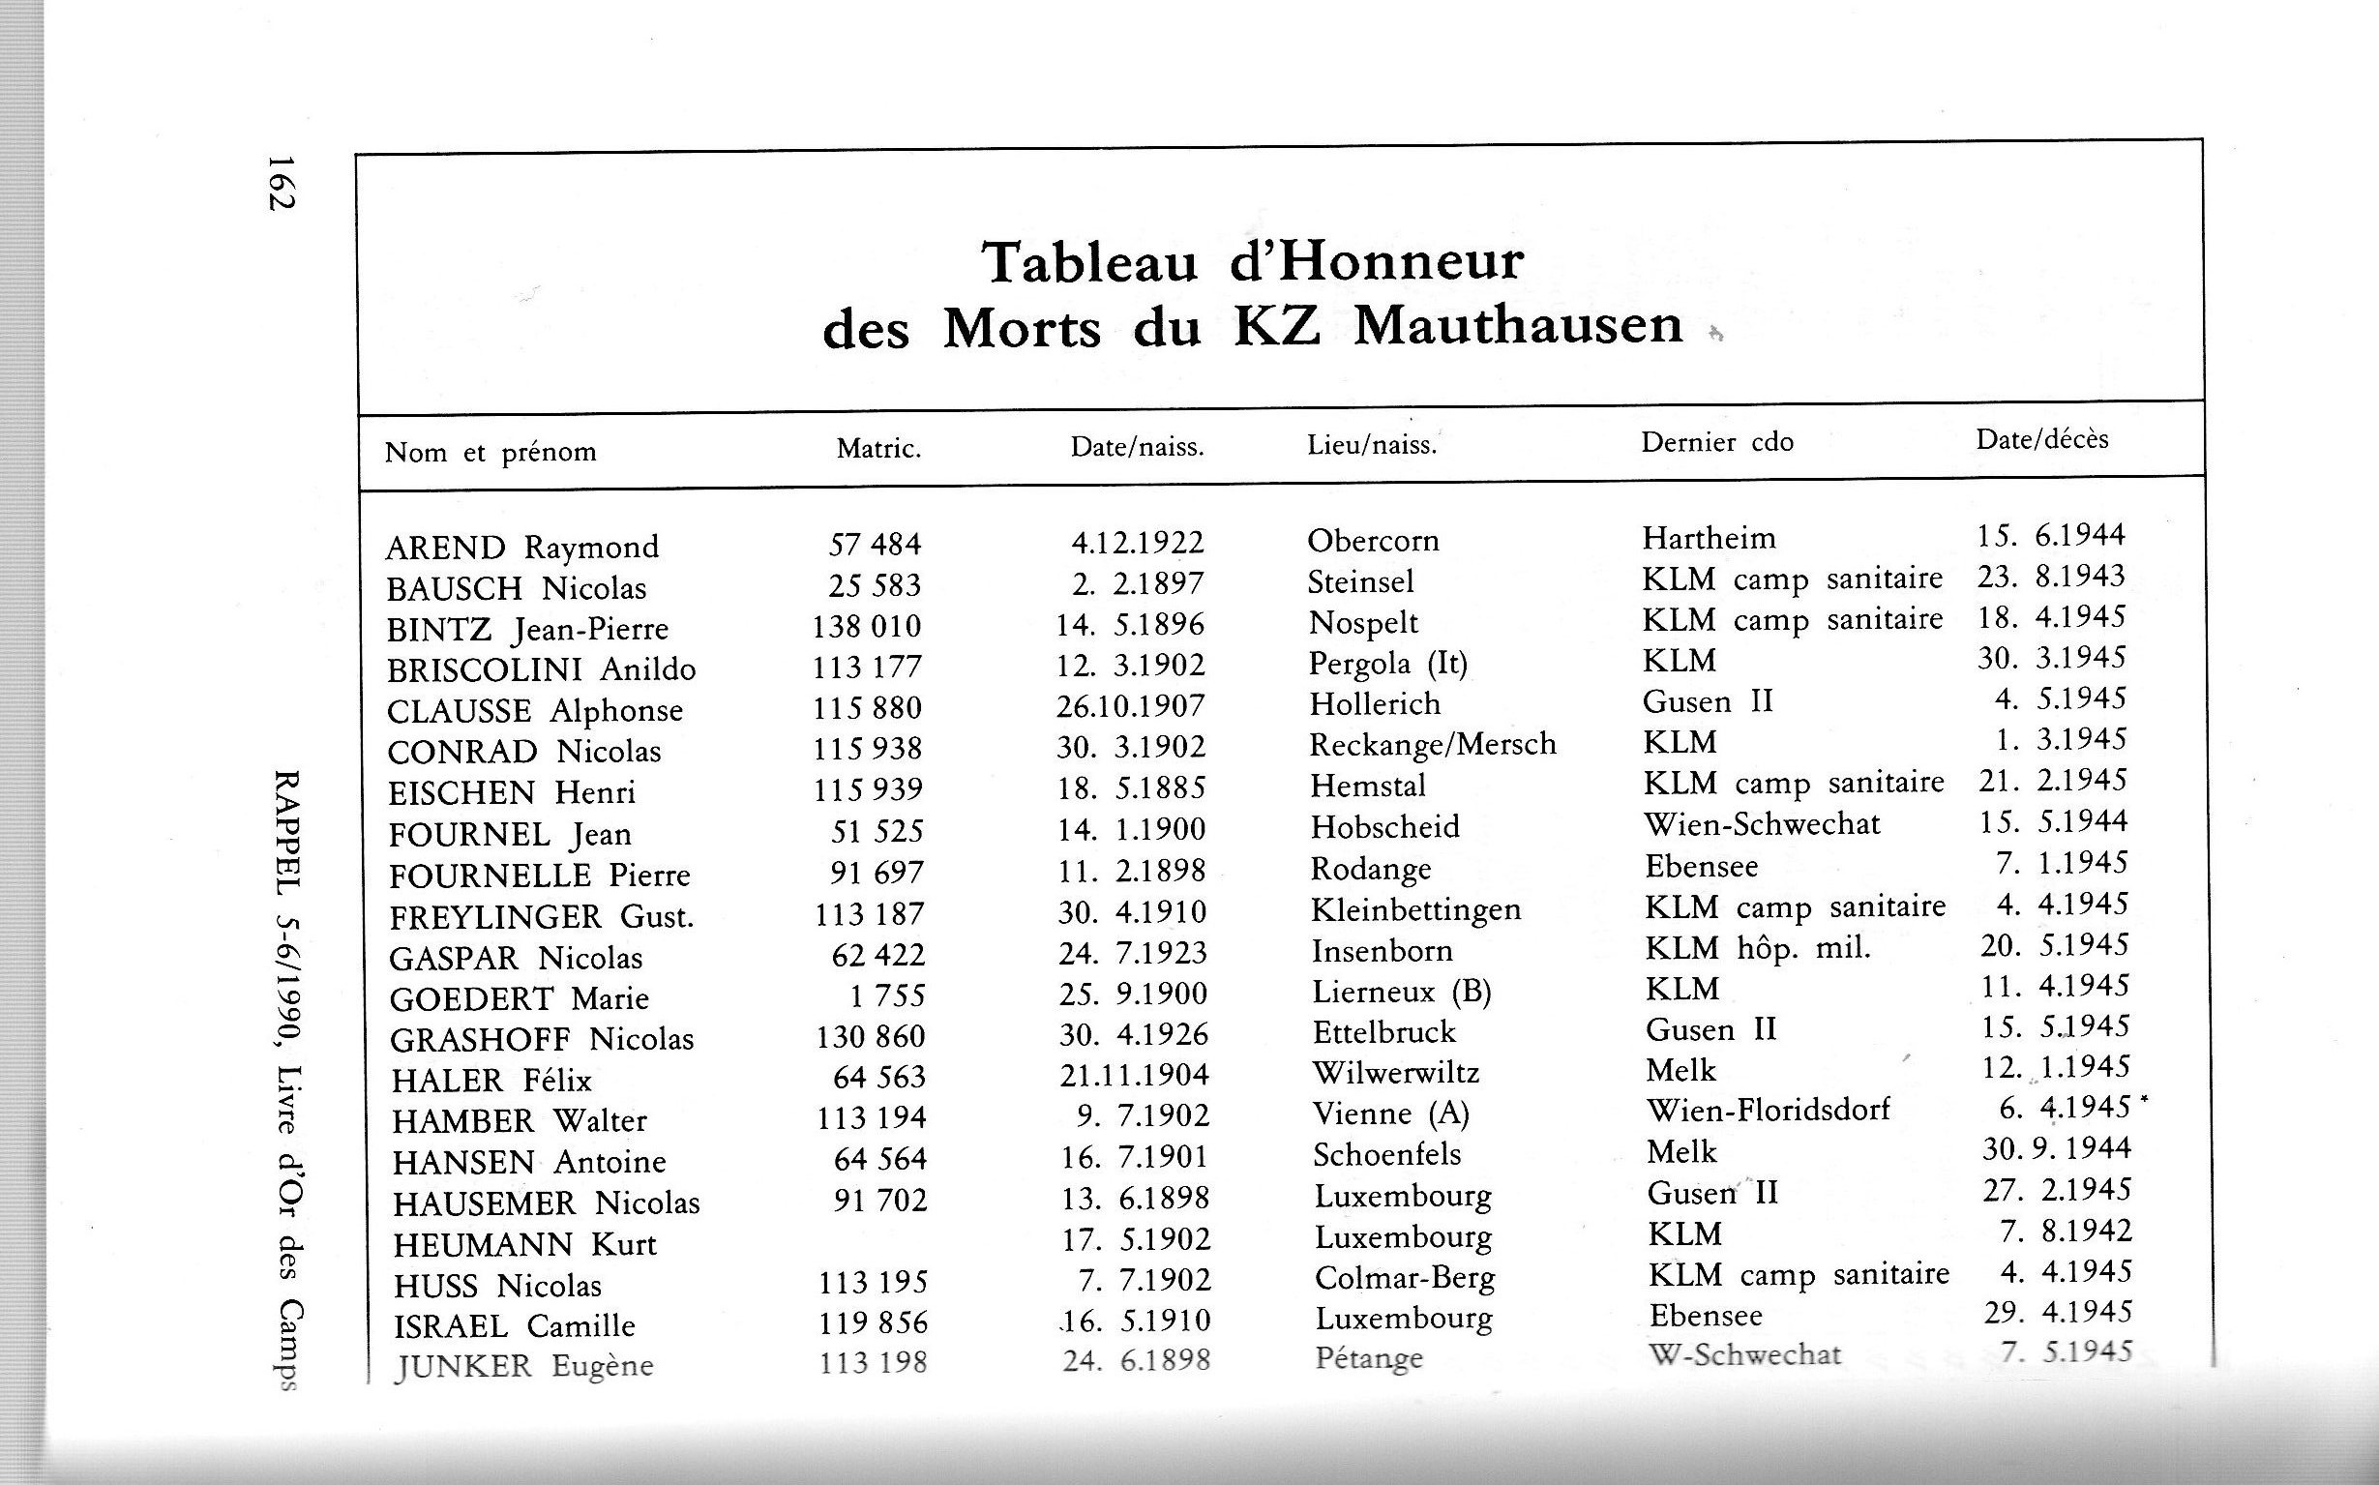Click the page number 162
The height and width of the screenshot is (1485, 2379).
coord(281,183)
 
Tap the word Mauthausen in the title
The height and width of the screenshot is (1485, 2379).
coord(1518,325)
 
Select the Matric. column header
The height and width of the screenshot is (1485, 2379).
coord(878,450)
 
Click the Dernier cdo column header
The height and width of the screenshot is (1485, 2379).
coord(1716,442)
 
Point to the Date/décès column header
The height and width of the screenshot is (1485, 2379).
coord(2041,438)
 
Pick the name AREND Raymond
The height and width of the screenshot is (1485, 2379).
coord(521,547)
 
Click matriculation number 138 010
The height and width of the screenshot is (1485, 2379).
coord(866,626)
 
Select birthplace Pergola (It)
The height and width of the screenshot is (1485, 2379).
coord(1387,664)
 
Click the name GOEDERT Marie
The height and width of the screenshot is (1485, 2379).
coord(519,998)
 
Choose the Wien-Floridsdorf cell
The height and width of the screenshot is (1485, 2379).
coord(1767,1111)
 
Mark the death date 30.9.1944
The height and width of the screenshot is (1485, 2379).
coord(2056,1148)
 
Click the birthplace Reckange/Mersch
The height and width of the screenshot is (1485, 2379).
coord(1432,745)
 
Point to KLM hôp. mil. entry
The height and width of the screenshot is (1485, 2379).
coord(1758,948)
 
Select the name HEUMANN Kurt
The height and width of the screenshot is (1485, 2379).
coord(524,1245)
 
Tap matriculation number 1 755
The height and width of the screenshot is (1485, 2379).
coord(887,995)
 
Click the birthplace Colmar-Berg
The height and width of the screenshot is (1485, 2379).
coord(1405,1278)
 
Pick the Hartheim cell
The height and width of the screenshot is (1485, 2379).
coord(1709,538)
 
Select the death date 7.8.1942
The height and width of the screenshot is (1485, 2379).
coord(2066,1231)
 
